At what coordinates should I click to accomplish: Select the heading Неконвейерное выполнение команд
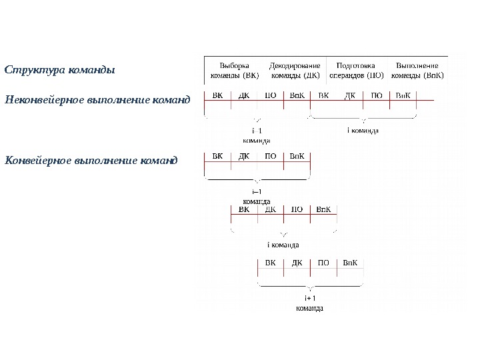click(x=97, y=101)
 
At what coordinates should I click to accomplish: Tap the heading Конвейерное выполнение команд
click(x=91, y=161)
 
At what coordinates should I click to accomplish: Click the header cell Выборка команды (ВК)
click(x=235, y=71)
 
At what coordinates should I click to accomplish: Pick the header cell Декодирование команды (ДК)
click(x=295, y=71)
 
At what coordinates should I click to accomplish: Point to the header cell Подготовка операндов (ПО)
click(x=356, y=71)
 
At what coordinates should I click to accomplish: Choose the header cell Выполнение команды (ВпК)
click(x=417, y=71)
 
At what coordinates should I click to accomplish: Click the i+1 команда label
click(x=309, y=303)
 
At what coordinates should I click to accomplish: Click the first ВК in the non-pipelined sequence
click(x=217, y=95)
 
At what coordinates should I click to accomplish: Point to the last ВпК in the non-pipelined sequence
click(x=403, y=95)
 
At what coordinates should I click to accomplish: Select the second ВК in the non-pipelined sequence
click(x=323, y=95)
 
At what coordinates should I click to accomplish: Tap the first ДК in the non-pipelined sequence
click(x=244, y=95)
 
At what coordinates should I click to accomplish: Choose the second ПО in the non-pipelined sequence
click(x=377, y=95)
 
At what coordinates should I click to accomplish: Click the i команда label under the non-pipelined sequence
click(x=363, y=130)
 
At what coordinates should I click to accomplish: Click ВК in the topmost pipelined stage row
click(x=217, y=157)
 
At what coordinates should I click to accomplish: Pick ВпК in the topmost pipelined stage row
click(x=297, y=157)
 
